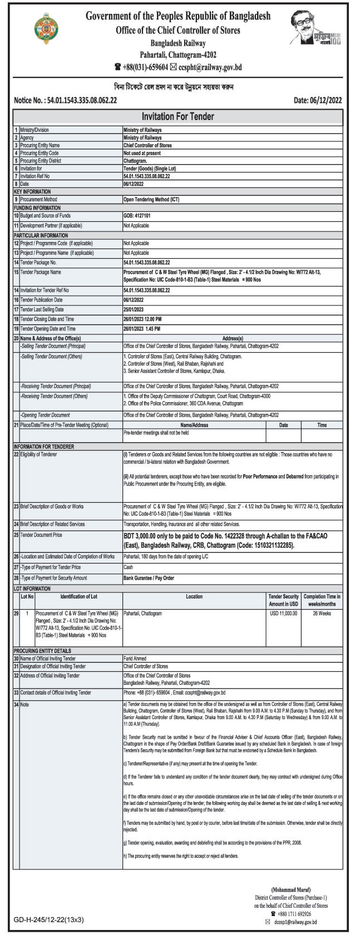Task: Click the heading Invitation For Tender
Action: click(x=178, y=117)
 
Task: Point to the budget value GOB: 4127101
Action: click(x=140, y=215)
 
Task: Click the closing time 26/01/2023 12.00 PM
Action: click(x=142, y=319)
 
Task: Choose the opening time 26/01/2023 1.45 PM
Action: click(x=142, y=329)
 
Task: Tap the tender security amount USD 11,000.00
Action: click(x=284, y=613)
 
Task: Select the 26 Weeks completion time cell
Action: click(x=322, y=613)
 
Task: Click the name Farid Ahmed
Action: click(x=136, y=658)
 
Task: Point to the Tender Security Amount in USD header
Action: click(x=284, y=600)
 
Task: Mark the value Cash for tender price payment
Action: click(x=128, y=567)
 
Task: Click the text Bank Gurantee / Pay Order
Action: click(x=149, y=578)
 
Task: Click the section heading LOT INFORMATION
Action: click(x=32, y=588)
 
